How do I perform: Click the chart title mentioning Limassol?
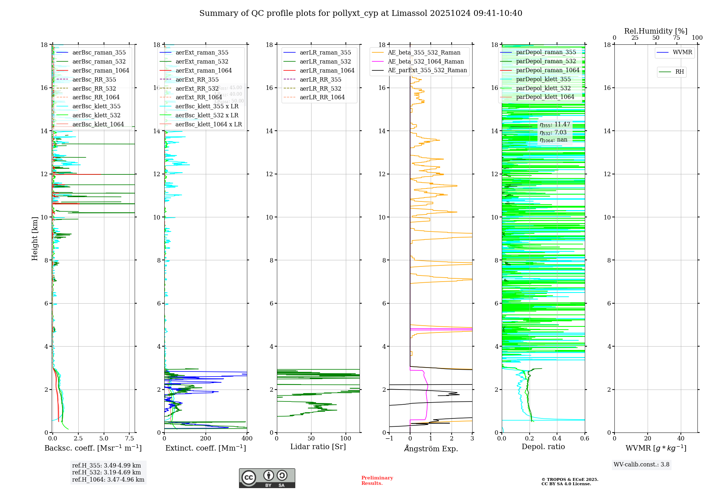coord(361,13)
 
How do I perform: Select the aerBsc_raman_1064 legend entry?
coord(100,70)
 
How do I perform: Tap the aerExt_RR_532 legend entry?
coord(197,88)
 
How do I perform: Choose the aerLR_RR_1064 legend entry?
coord(322,97)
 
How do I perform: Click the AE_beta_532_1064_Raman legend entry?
coord(425,61)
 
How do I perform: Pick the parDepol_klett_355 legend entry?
coord(543,79)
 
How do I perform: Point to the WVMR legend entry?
coord(682,52)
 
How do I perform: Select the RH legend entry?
coord(679,72)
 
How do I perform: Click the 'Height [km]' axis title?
coord(35,238)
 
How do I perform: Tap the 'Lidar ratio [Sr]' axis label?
coord(318,447)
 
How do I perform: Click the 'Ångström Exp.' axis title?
coord(431,448)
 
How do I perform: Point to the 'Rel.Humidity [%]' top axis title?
coord(656,31)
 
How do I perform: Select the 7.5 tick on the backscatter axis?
coord(130,439)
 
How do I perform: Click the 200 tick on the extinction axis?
coord(205,439)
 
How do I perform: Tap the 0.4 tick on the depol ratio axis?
coord(557,439)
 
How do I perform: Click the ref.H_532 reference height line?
coord(106,472)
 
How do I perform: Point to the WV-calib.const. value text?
coord(641,465)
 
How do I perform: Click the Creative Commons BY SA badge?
coord(267,478)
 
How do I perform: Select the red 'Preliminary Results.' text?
coord(377,481)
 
